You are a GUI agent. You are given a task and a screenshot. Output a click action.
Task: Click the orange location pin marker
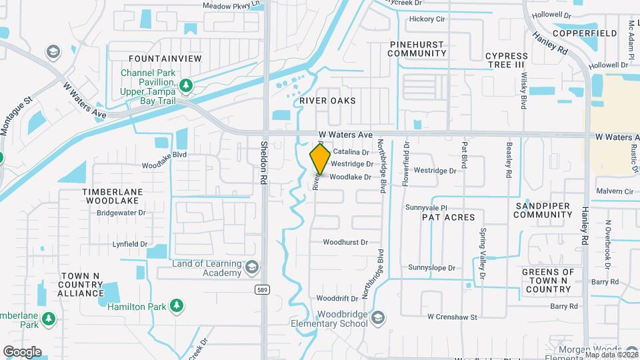[x=320, y=159]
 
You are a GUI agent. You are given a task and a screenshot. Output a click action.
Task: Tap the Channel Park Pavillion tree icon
[x=186, y=85]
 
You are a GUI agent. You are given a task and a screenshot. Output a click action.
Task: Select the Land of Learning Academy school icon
[x=251, y=268]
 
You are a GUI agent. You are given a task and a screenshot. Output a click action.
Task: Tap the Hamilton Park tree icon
[x=177, y=306]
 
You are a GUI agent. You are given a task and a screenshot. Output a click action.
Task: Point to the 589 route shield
[x=263, y=289]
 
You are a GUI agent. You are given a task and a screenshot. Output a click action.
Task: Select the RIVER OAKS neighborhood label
[x=327, y=101]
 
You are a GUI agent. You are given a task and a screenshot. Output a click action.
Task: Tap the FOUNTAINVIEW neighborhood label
[x=165, y=59]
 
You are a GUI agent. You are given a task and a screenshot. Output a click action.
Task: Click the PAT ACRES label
[x=448, y=217]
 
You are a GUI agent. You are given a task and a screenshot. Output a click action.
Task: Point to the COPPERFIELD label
[x=584, y=33]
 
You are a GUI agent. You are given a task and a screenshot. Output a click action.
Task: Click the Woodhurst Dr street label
[x=345, y=243]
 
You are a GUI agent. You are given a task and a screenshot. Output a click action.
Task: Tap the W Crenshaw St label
[x=453, y=317]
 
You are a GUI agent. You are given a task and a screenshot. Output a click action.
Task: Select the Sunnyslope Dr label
[x=431, y=268]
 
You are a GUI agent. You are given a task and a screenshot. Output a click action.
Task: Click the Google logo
[x=22, y=352]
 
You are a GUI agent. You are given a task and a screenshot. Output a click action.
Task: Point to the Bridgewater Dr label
[x=121, y=213]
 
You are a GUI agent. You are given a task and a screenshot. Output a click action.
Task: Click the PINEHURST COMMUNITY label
[x=417, y=49]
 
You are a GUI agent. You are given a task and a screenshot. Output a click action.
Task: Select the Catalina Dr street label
[x=351, y=153]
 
